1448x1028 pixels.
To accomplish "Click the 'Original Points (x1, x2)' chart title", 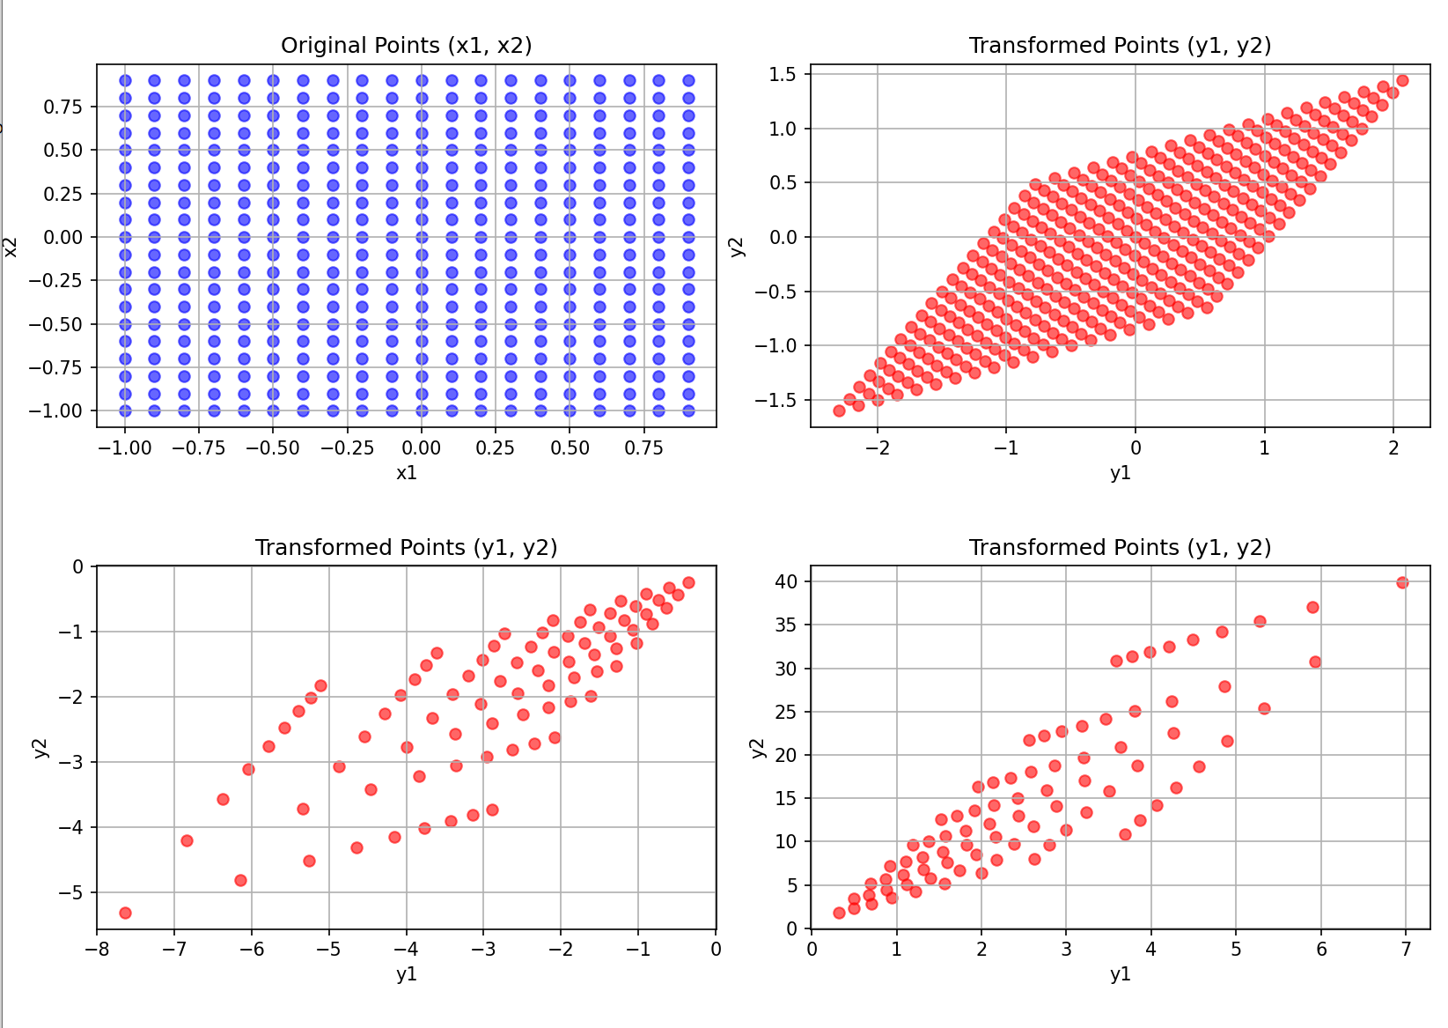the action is click(x=406, y=45).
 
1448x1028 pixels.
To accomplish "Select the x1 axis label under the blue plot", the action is click(x=406, y=473).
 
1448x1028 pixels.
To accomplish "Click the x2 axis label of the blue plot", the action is click(x=11, y=248).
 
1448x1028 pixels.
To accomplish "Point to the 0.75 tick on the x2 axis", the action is click(x=63, y=107).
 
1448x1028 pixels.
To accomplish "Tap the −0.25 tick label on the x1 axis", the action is click(x=347, y=447).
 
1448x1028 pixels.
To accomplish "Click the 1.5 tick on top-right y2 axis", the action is click(x=782, y=74).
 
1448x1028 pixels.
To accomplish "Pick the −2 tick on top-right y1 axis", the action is click(x=878, y=447).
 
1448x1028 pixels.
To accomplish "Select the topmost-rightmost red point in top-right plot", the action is click(x=1402, y=81).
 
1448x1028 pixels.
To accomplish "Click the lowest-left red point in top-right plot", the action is click(x=839, y=410).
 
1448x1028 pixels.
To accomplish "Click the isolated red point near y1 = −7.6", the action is click(x=125, y=913).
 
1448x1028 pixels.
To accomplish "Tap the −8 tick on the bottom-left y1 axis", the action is click(x=96, y=949).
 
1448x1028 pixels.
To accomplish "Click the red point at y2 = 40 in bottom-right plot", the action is click(x=1402, y=582).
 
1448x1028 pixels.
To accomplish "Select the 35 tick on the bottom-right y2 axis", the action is click(x=786, y=625).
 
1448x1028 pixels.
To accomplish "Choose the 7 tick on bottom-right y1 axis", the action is click(x=1406, y=949).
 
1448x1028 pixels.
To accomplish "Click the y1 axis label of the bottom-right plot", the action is click(x=1121, y=974).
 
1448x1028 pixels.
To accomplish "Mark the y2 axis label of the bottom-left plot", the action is click(x=40, y=748).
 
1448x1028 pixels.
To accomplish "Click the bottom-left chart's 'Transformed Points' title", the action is click(x=406, y=547).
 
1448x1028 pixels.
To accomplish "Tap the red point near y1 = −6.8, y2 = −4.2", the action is click(x=187, y=840).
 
